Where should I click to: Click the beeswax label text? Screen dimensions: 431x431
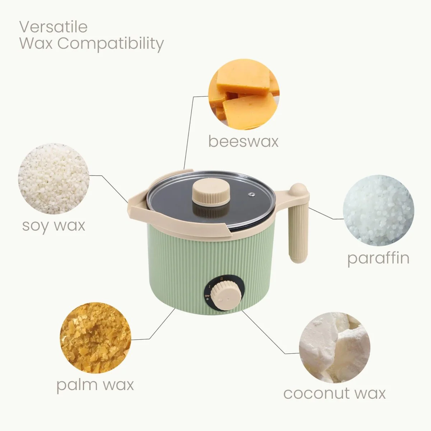(243, 141)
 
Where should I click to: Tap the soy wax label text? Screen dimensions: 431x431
(54, 226)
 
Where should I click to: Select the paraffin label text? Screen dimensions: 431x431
(378, 258)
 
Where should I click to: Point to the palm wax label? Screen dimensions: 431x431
(95, 385)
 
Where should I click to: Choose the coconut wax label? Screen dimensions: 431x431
(334, 393)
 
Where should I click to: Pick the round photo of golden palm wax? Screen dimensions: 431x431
(94, 338)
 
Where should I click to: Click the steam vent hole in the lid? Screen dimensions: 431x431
(252, 195)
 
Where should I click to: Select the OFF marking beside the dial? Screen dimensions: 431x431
(207, 296)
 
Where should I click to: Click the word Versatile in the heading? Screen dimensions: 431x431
(54, 27)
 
